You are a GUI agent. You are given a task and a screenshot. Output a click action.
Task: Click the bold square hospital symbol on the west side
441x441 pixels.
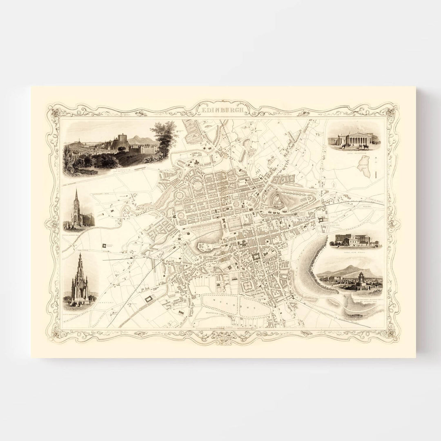pos(109,245)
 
